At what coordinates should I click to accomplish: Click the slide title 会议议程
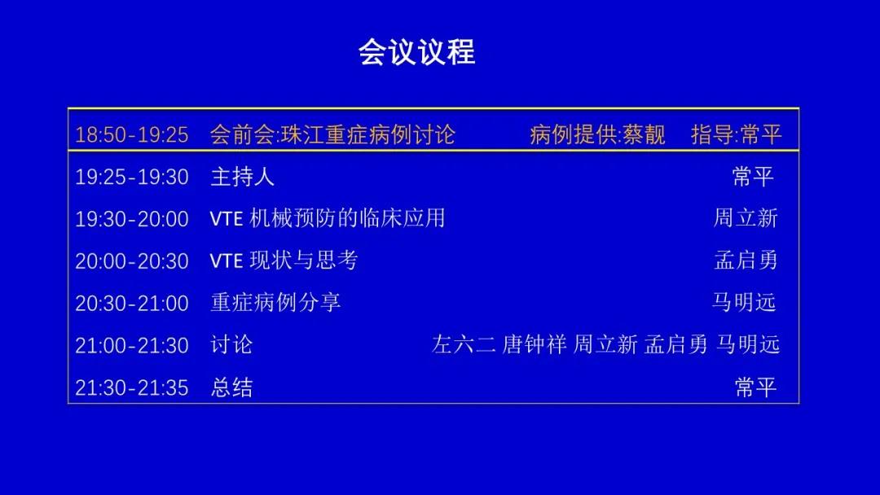tap(417, 52)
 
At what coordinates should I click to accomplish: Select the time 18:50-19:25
tap(132, 135)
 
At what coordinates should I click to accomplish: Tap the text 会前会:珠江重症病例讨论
tap(332, 134)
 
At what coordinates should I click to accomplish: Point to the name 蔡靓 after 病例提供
tap(644, 134)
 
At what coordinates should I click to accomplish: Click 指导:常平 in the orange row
tap(737, 134)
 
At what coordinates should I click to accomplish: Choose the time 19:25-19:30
tap(132, 177)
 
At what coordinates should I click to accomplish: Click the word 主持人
tap(243, 177)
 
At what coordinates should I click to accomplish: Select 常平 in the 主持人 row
tap(753, 177)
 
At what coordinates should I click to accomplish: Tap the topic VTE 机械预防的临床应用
tap(328, 218)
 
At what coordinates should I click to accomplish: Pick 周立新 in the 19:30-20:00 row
tap(746, 218)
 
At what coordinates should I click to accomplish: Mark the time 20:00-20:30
tap(132, 261)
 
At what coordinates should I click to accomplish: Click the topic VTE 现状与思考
tap(284, 260)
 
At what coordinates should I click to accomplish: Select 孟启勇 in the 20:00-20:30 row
tap(746, 260)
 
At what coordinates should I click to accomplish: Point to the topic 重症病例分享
tap(275, 303)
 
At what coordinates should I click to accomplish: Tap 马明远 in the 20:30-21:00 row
tap(744, 303)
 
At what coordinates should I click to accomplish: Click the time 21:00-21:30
tap(132, 345)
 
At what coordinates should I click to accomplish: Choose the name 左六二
tap(464, 344)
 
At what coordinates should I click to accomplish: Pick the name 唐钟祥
tap(535, 344)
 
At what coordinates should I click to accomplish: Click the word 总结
tap(231, 388)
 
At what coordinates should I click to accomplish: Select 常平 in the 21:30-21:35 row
tap(755, 388)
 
